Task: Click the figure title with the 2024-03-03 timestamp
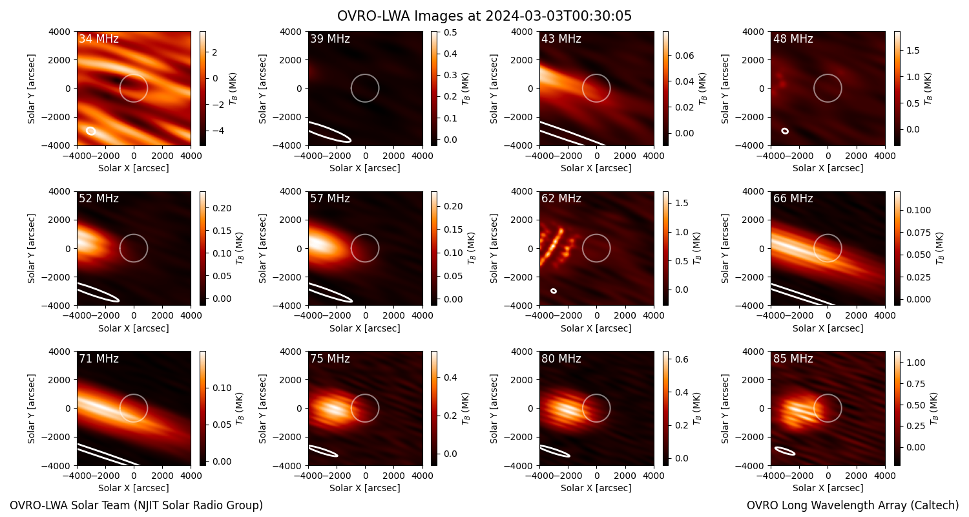[x=484, y=16]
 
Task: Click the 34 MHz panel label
[x=99, y=39]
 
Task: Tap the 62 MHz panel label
[x=561, y=198]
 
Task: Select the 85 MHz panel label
[x=793, y=359]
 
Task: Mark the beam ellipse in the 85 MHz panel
[x=785, y=451]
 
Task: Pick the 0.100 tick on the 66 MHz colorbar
[x=919, y=210]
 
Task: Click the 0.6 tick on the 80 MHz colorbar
[x=682, y=359]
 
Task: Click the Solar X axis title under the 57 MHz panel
[x=365, y=328]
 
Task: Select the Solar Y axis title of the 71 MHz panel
[x=31, y=408]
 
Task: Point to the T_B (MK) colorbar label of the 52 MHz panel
[x=240, y=248]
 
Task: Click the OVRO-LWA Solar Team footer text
[x=136, y=505]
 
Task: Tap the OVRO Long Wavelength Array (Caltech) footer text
[x=853, y=505]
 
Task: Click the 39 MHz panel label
[x=330, y=39]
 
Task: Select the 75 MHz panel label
[x=330, y=359]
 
